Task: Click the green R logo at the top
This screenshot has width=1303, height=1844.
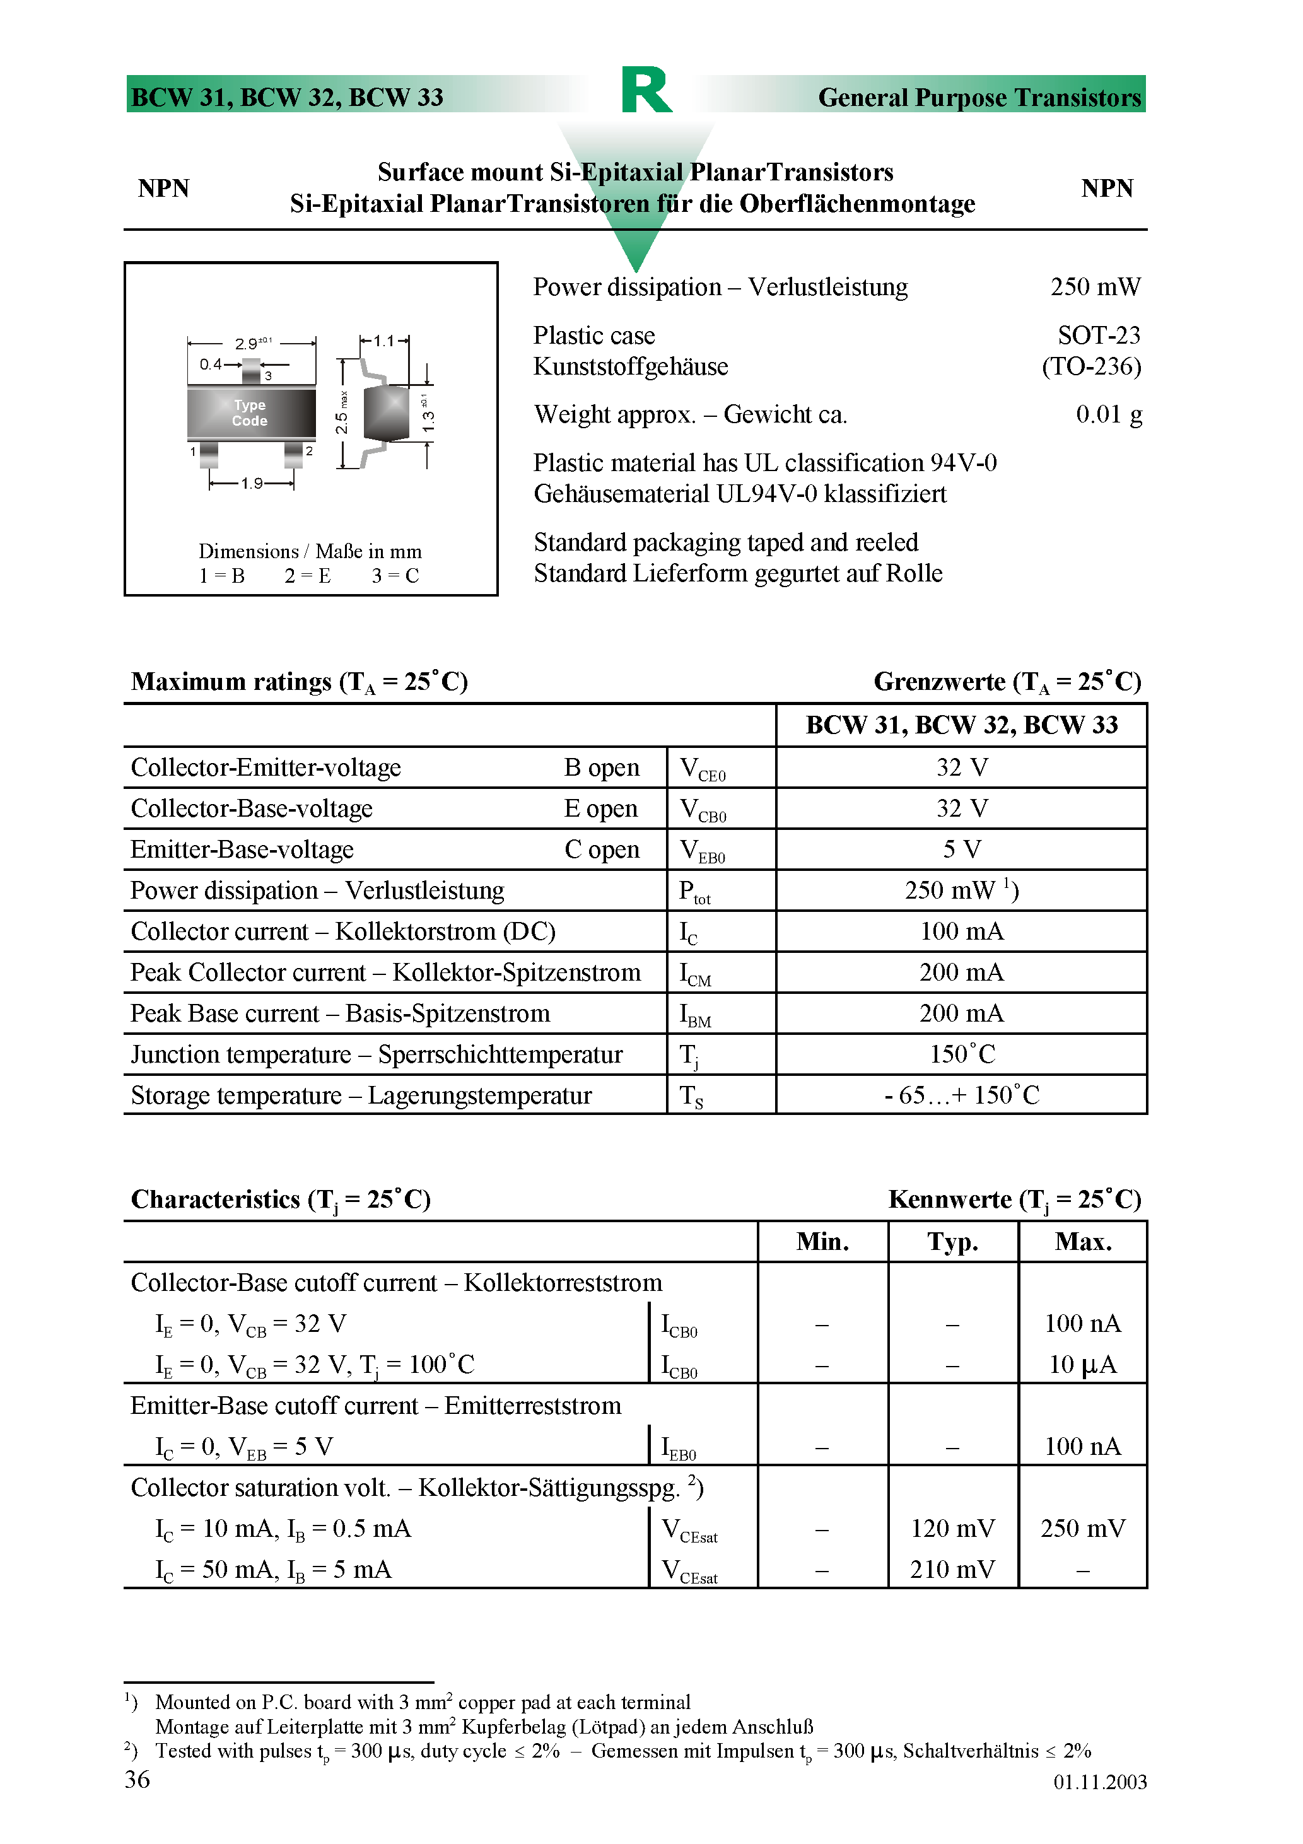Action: (646, 90)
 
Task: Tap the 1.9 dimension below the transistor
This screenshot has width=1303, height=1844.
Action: (252, 484)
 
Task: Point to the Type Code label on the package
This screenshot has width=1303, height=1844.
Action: (250, 413)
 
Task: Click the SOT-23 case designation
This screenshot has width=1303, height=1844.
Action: (1098, 335)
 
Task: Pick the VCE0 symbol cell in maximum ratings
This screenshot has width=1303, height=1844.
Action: (702, 769)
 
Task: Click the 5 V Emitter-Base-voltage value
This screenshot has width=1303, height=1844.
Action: (961, 849)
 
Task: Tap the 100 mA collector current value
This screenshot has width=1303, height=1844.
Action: (961, 931)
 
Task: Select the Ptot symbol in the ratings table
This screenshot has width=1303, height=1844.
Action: (695, 892)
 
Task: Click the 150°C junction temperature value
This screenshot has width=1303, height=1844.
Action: (962, 1054)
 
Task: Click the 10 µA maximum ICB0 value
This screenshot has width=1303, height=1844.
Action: (1082, 1365)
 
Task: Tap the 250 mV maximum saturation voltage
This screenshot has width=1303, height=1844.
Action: (1082, 1529)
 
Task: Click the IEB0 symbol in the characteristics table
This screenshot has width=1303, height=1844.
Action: (679, 1447)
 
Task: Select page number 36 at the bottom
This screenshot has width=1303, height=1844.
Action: (137, 1780)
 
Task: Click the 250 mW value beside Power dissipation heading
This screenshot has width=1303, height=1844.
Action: (1094, 287)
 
